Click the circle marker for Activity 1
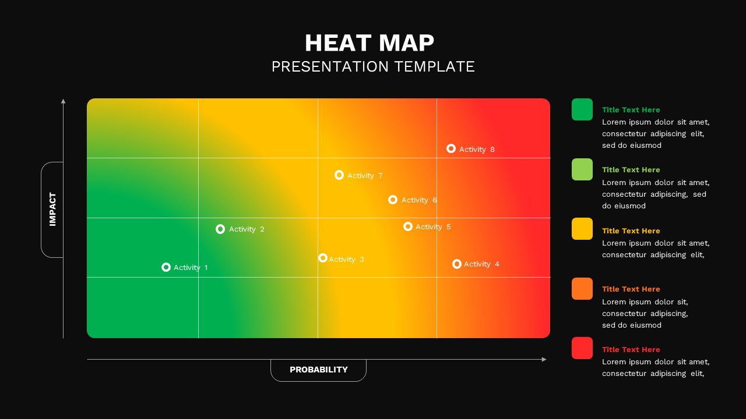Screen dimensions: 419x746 (x=166, y=267)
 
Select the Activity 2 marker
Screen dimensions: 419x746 (x=220, y=229)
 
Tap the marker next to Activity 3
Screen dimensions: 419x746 (x=323, y=258)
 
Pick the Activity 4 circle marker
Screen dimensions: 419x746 (x=457, y=264)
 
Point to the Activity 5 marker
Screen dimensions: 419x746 (x=408, y=226)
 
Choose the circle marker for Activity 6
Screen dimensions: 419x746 (x=393, y=200)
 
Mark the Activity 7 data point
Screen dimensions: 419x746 (x=339, y=175)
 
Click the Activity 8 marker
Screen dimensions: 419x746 (x=451, y=148)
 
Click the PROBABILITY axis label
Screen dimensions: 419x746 (x=318, y=370)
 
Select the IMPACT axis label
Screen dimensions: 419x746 (x=52, y=210)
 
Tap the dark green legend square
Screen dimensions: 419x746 (x=582, y=109)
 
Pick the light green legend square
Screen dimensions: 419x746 (x=582, y=169)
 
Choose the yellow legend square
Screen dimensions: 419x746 (x=582, y=229)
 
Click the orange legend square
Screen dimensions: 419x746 (x=582, y=289)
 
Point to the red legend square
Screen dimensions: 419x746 (x=582, y=348)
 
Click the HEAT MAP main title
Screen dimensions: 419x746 (x=370, y=43)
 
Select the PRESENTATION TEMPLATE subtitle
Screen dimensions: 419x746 (x=373, y=66)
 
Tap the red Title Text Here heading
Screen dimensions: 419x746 (x=631, y=350)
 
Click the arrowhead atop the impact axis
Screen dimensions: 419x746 (x=63, y=101)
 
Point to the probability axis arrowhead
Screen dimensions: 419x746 (x=544, y=359)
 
